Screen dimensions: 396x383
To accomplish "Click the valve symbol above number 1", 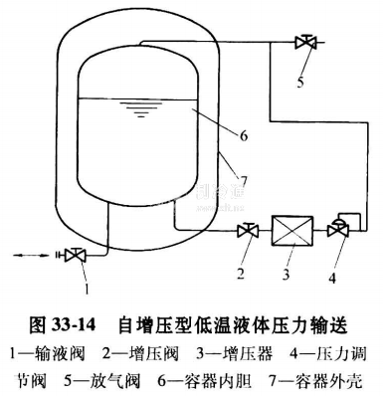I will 73,255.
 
